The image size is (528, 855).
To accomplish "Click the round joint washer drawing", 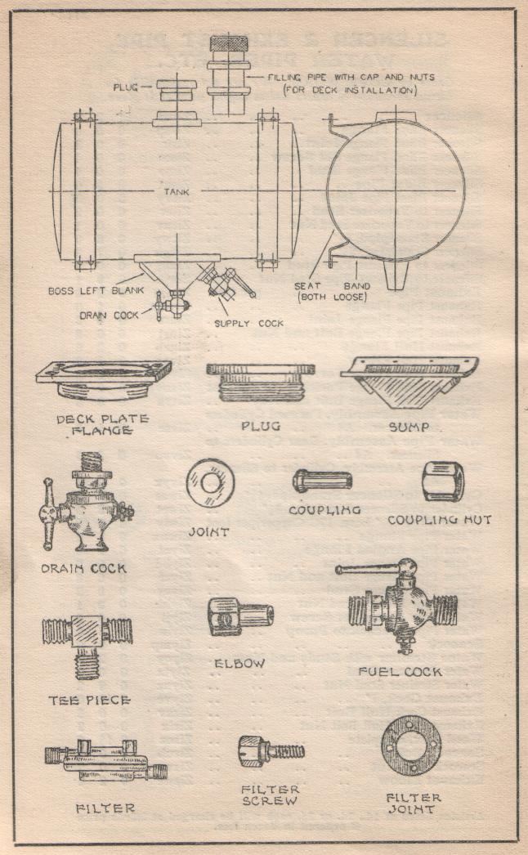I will [210, 483].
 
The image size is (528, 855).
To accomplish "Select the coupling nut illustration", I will [444, 482].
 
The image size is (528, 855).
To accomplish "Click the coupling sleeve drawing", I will [322, 481].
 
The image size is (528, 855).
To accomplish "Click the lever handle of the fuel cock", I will [367, 568].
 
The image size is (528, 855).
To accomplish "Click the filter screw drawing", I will [271, 750].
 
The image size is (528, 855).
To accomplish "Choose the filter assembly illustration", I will [106, 761].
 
